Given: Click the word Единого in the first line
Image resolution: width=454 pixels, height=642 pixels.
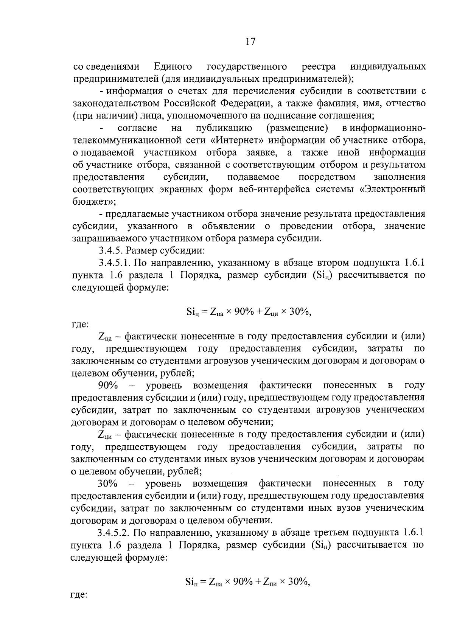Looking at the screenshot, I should coord(173,67).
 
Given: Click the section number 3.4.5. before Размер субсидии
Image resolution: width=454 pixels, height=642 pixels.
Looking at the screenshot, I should coord(110,250).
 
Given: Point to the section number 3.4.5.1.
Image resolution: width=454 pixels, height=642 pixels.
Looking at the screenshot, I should coord(115,263).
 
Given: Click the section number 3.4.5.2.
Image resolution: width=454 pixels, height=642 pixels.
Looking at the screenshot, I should coord(115,533).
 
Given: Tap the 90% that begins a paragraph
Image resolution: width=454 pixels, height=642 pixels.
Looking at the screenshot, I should coord(108,385).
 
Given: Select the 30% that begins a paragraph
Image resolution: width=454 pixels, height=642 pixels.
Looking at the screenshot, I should coord(108,483).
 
